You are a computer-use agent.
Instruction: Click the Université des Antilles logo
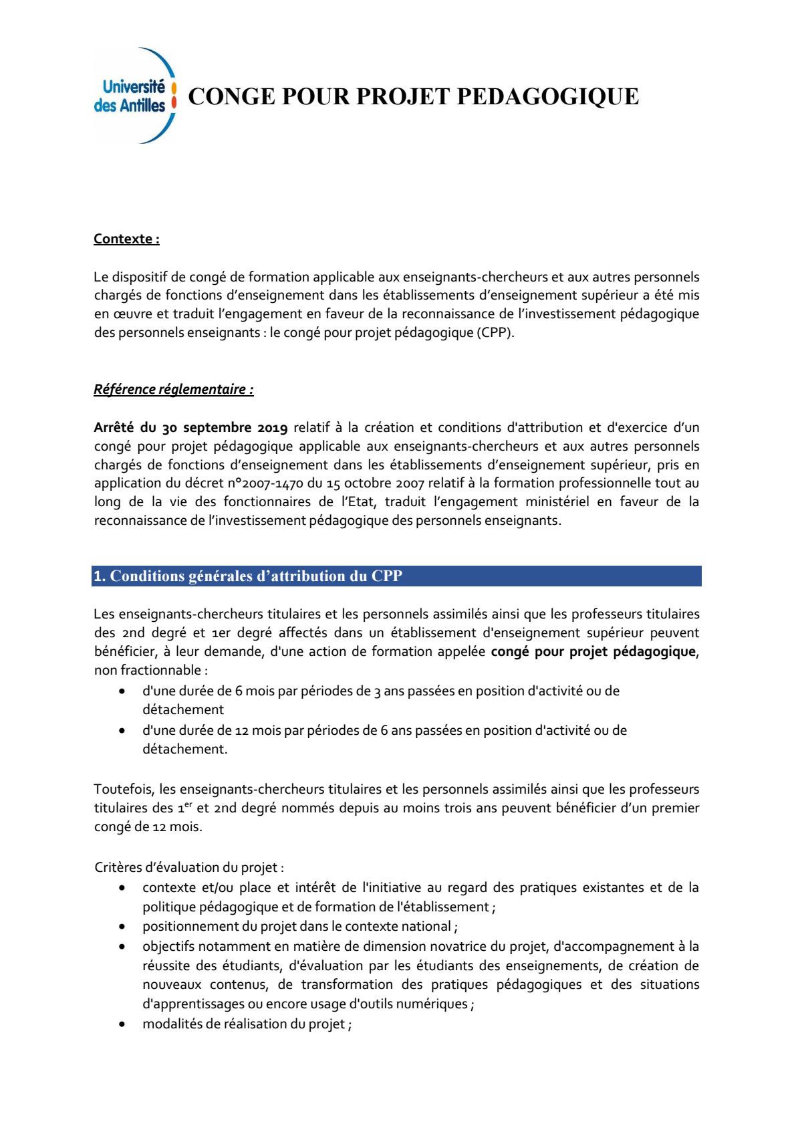tap(136, 96)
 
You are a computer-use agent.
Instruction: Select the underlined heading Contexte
tap(126, 239)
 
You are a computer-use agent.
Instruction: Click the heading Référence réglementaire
tap(173, 389)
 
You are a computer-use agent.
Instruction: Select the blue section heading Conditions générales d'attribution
tap(248, 576)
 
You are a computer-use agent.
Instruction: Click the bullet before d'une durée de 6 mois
tap(122, 691)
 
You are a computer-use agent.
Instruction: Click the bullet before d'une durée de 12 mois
tap(122, 731)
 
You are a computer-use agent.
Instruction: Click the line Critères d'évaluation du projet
tap(189, 868)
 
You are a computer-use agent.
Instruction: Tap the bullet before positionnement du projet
tap(122, 927)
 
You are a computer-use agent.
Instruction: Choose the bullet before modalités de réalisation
tap(122, 1024)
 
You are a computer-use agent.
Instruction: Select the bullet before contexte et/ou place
tap(122, 888)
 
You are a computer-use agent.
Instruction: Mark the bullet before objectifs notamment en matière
tap(122, 947)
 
